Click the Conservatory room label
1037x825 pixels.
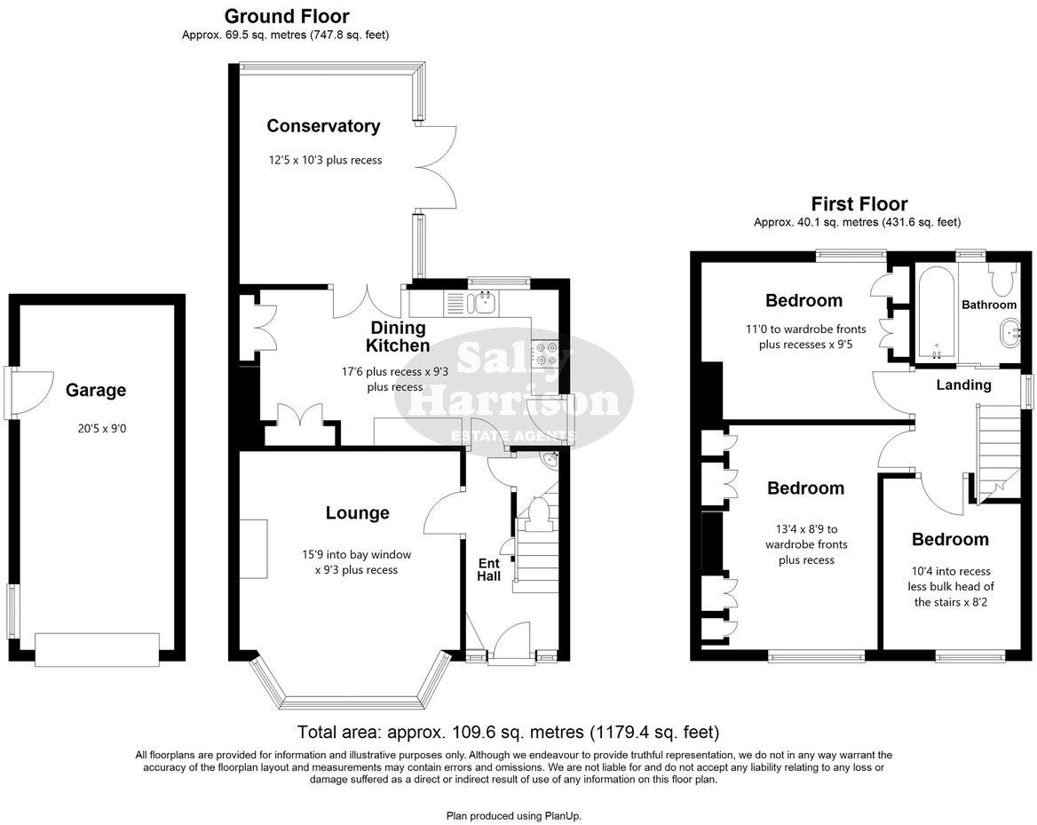pyautogui.click(x=323, y=126)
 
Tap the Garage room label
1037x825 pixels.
pyautogui.click(x=95, y=390)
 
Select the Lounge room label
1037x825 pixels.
pyautogui.click(x=357, y=512)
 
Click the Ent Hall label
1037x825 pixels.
pyautogui.click(x=489, y=569)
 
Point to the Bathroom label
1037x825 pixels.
pyautogui.click(x=989, y=305)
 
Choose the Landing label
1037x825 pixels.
pyautogui.click(x=963, y=385)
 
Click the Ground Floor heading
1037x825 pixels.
pyautogui.click(x=286, y=16)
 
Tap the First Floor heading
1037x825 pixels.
pyautogui.click(x=859, y=204)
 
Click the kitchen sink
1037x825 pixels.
pyautogui.click(x=486, y=303)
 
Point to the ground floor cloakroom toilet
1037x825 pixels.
pyautogui.click(x=537, y=513)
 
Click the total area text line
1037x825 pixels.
pyautogui.click(x=507, y=733)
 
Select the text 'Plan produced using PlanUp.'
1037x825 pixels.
pyautogui.click(x=513, y=815)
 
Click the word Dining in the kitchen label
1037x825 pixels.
pyautogui.click(x=398, y=328)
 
